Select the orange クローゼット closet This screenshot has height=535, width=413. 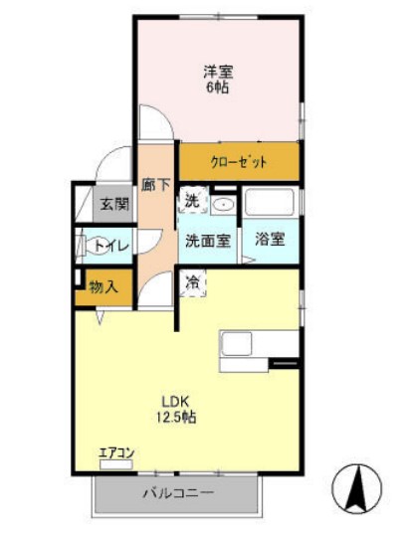pyautogui.click(x=239, y=161)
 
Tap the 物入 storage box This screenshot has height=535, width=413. pyautogui.click(x=103, y=287)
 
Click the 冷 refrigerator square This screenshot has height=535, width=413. pyautogui.click(x=193, y=282)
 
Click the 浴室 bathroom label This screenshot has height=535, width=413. pyautogui.click(x=270, y=240)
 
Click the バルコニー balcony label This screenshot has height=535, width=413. pyautogui.click(x=172, y=492)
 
